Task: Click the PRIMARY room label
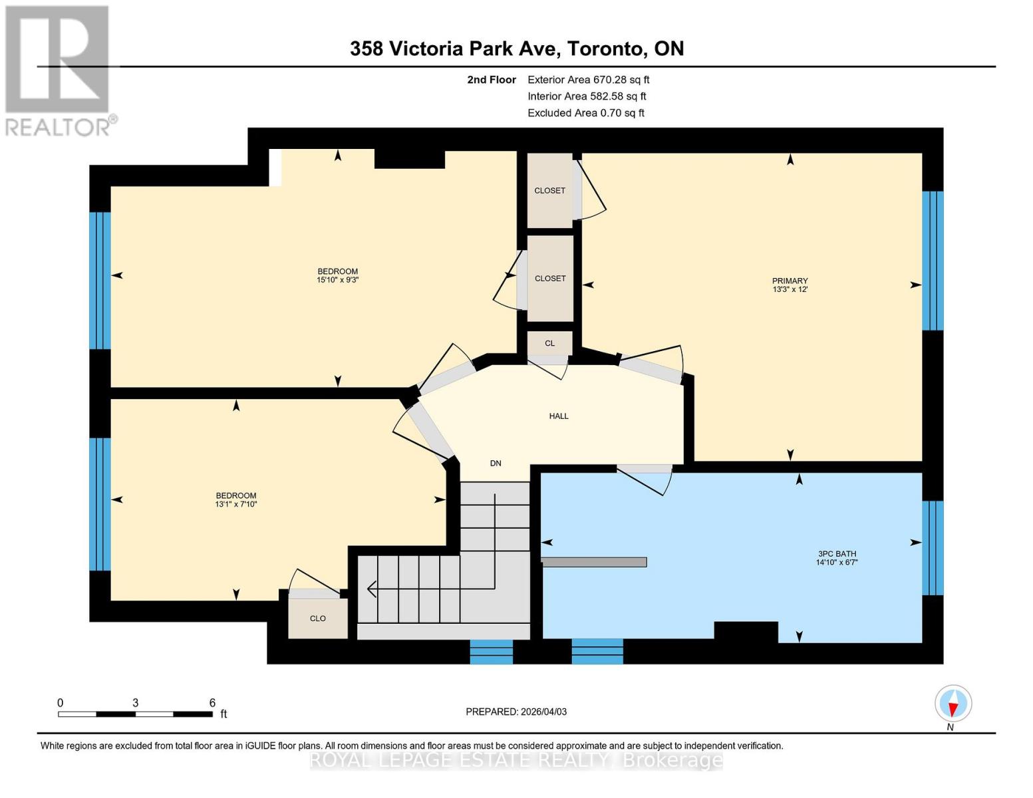790,281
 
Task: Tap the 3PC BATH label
837,554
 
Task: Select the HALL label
559,416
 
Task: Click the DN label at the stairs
496,464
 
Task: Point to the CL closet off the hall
549,343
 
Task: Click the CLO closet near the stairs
318,618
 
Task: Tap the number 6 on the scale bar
212,703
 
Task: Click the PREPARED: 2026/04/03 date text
516,712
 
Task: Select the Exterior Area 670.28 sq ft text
588,80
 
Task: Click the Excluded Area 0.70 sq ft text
585,113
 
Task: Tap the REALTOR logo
59,70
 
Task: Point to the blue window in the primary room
933,261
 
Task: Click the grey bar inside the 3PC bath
594,562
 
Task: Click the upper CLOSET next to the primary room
550,191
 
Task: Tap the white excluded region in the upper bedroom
275,167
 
